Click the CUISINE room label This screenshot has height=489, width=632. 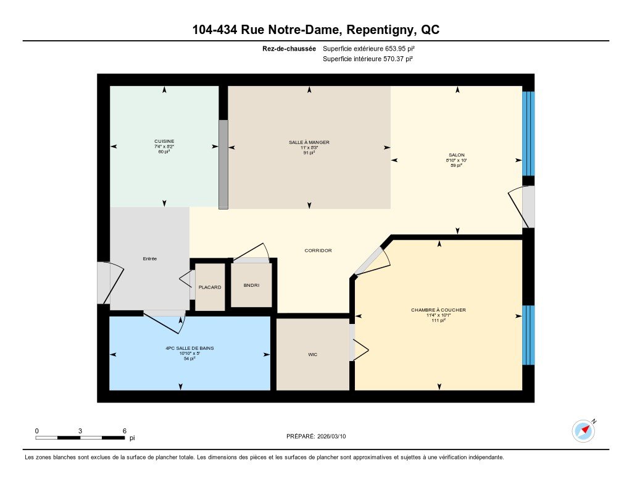(x=164, y=142)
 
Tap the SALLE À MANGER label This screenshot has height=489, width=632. (x=309, y=142)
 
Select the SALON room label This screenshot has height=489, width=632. (x=457, y=155)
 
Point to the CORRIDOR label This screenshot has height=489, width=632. (x=318, y=250)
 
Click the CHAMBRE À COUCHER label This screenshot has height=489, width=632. (x=439, y=310)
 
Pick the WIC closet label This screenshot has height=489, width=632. (x=313, y=354)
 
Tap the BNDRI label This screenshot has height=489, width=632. (x=252, y=285)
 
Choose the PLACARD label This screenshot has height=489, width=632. (x=210, y=287)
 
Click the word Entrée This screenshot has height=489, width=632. (x=150, y=258)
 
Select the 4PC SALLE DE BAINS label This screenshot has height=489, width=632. (x=190, y=348)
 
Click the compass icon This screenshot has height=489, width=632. (x=583, y=431)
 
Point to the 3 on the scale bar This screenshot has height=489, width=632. (x=80, y=431)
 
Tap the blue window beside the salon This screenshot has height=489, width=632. (x=528, y=134)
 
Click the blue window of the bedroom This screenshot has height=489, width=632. (x=528, y=335)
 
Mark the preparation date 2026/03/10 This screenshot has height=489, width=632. (x=331, y=436)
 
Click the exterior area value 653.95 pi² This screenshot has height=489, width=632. (x=400, y=48)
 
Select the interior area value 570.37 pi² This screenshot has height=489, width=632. (x=398, y=59)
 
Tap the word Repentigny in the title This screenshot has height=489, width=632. (x=380, y=30)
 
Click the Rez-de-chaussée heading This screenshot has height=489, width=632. (x=289, y=48)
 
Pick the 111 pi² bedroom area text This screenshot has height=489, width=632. (x=439, y=320)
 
